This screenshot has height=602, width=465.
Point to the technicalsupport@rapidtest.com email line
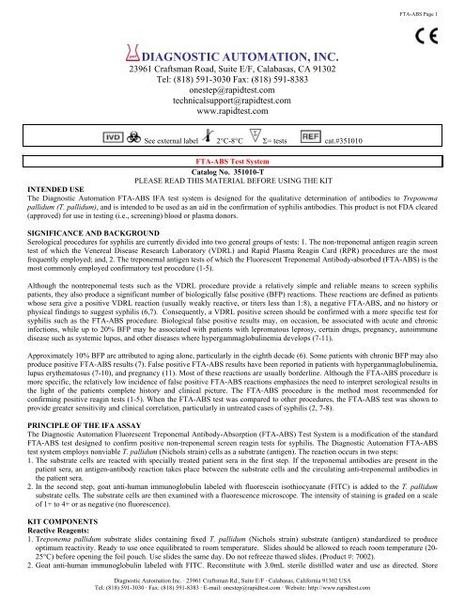click(231, 122)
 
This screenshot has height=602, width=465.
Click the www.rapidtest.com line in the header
click(231, 135)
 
